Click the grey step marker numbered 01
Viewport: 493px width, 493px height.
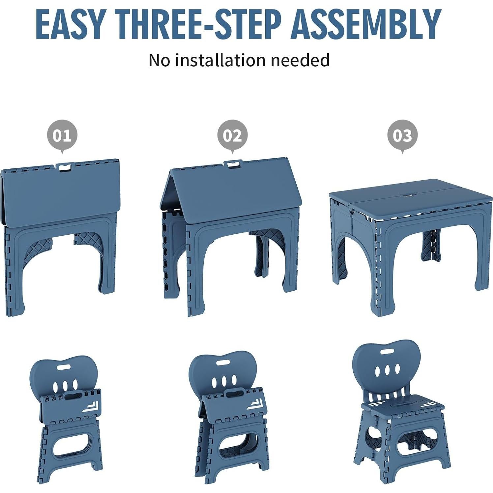pyautogui.click(x=62, y=135)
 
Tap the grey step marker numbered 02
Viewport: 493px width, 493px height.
pyautogui.click(x=232, y=135)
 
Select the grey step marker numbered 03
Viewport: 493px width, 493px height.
pyautogui.click(x=402, y=135)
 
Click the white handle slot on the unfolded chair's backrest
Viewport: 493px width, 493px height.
pyautogui.click(x=387, y=352)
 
